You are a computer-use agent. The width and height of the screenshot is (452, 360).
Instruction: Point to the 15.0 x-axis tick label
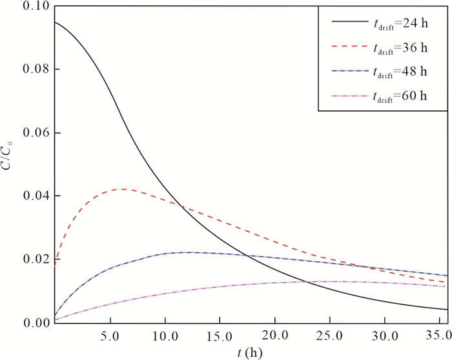point(220,337)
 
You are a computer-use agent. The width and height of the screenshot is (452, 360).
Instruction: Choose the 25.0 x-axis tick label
point(330,337)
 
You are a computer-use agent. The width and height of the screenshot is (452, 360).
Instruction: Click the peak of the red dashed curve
point(121,189)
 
